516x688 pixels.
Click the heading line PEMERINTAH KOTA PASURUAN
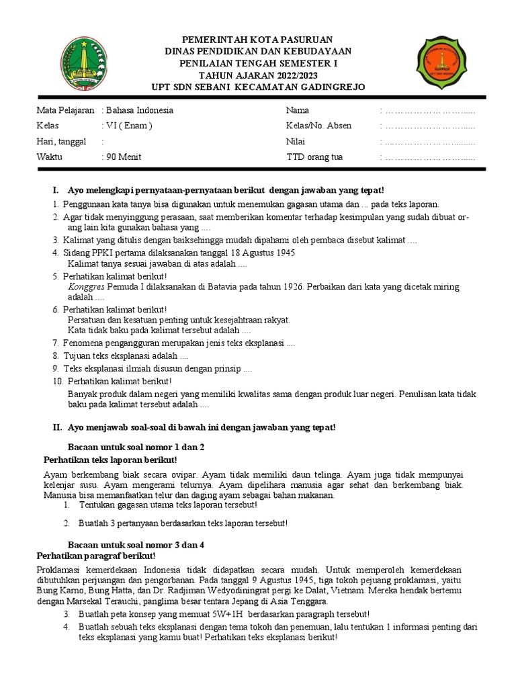pos(259,40)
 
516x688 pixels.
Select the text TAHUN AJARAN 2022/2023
pos(259,75)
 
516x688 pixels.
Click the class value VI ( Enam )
pos(129,126)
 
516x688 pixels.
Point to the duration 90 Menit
pos(123,157)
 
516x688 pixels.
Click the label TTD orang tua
pos(314,157)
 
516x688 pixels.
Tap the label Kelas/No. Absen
pos(318,126)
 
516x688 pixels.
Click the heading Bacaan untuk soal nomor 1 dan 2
pos(136,447)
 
